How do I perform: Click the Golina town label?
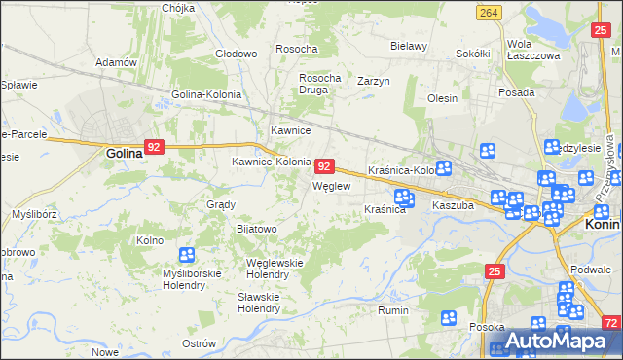pos(124,153)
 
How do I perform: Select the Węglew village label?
pos(330,186)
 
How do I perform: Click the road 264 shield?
pos(490,12)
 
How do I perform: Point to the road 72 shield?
pos(610,322)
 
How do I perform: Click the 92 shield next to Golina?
pos(154,147)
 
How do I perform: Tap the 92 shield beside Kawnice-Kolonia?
pos(326,166)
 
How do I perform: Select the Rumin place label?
pos(392,311)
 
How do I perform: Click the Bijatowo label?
pos(257,229)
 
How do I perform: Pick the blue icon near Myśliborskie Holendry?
pos(187,256)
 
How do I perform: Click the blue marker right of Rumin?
pos(449,317)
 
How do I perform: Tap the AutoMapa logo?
pos(565,341)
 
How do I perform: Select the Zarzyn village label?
pos(373,81)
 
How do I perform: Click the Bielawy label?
pos(409,46)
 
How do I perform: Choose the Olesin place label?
pos(442,98)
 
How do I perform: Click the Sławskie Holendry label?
pos(259,303)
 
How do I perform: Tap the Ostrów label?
pos(199,343)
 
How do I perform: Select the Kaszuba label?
pos(453,206)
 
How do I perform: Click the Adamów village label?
pos(116,62)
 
